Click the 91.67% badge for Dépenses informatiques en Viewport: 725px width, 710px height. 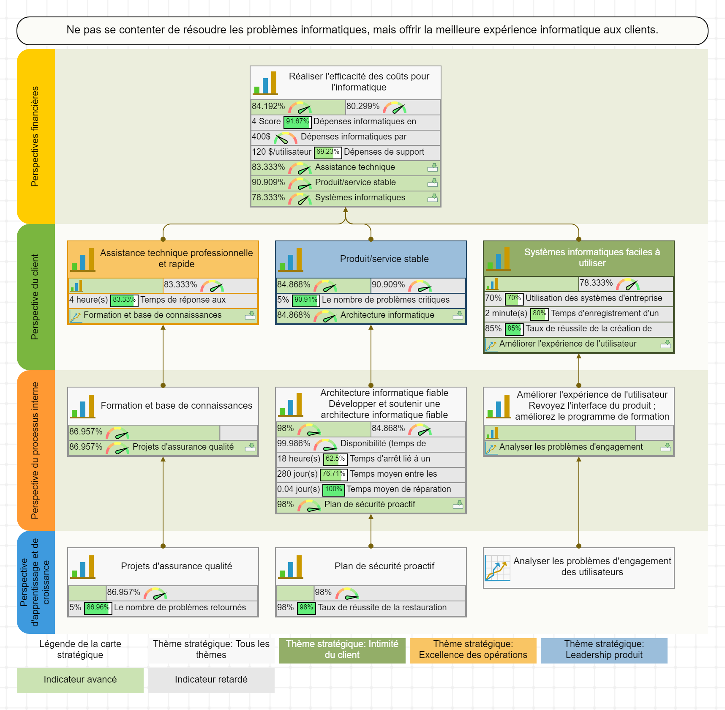click(x=297, y=122)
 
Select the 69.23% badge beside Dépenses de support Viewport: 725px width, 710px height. click(x=328, y=152)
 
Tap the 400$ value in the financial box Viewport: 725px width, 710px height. click(x=261, y=137)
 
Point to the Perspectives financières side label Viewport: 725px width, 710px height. click(x=35, y=136)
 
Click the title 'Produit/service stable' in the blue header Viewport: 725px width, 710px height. click(x=384, y=259)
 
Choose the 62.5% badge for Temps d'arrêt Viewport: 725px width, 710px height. click(x=335, y=459)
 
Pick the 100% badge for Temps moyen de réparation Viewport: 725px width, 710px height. click(x=334, y=489)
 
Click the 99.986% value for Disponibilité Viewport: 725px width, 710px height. click(x=294, y=444)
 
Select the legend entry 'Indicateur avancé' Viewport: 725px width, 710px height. click(x=80, y=680)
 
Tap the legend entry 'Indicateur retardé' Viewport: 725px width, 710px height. click(x=211, y=680)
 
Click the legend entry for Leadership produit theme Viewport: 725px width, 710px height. click(x=604, y=650)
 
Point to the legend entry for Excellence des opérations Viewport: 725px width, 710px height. click(x=473, y=650)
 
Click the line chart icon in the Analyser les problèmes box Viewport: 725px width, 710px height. click(x=497, y=568)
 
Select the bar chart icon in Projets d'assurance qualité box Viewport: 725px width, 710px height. click(x=83, y=567)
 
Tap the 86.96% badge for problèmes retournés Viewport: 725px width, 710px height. click(x=98, y=608)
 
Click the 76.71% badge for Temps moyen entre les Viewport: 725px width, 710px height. click(x=334, y=474)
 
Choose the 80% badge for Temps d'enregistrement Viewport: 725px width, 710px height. click(x=539, y=314)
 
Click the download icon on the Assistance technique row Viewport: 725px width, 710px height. click(x=433, y=167)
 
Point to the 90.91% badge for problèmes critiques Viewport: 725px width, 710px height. click(x=306, y=300)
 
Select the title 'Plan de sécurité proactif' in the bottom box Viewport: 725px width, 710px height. click(x=384, y=566)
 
